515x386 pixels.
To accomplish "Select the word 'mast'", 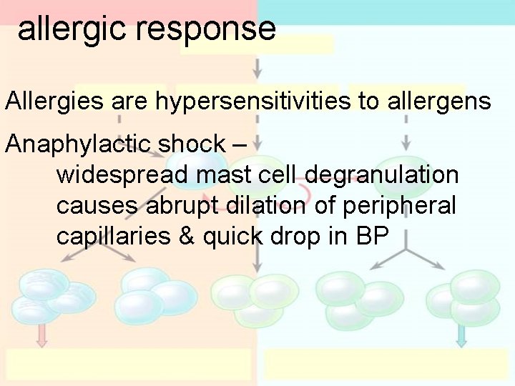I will tap(207, 174).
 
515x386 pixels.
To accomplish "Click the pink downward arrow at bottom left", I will tap(41, 335).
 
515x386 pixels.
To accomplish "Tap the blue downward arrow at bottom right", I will tap(461, 335).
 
